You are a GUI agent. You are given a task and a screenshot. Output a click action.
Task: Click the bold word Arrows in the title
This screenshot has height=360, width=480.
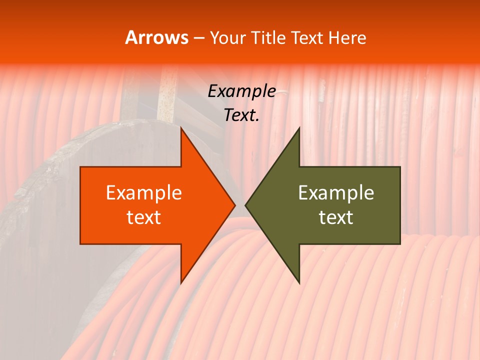(156, 37)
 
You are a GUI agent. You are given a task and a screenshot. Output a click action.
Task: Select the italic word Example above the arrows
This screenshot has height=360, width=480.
(241, 91)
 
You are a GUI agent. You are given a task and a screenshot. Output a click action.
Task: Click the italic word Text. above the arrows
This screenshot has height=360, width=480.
(240, 115)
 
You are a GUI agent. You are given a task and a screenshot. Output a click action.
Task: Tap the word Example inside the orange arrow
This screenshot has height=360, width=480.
(143, 193)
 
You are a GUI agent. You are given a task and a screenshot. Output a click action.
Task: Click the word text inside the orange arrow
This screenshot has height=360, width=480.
(143, 217)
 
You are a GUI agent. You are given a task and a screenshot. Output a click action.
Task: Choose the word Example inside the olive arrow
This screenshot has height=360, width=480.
(336, 193)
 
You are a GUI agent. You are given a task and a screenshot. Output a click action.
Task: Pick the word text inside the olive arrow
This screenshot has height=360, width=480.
(336, 217)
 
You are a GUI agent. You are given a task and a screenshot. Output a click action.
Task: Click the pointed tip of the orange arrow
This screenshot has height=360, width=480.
(234, 205)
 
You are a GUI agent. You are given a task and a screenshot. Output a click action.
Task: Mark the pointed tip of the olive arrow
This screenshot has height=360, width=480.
(245, 205)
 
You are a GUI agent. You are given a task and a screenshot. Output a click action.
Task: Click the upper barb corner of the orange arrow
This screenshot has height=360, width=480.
(181, 128)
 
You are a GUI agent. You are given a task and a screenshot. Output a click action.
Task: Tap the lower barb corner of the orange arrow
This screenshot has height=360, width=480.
(181, 283)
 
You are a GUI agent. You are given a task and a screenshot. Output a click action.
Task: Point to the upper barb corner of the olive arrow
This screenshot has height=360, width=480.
(299, 128)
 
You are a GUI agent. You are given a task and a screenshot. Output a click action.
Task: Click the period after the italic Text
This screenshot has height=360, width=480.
(257, 120)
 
